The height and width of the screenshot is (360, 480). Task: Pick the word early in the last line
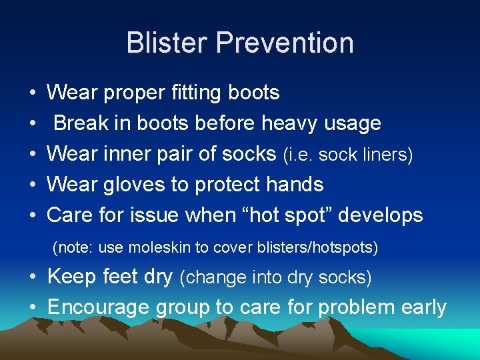422,307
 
